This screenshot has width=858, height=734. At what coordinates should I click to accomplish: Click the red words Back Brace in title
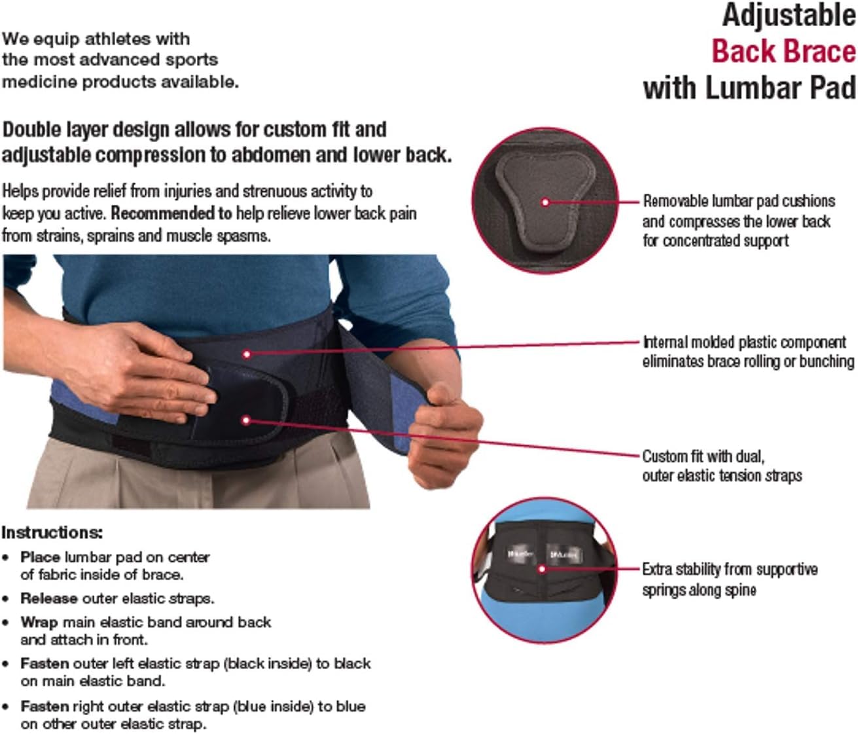click(x=783, y=52)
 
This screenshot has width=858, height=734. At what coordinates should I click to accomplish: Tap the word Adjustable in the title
click(x=789, y=15)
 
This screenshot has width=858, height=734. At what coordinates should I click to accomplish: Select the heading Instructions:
click(x=52, y=532)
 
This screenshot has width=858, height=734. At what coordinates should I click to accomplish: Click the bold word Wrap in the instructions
click(x=39, y=622)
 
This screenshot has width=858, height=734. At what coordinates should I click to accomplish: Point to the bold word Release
click(x=49, y=598)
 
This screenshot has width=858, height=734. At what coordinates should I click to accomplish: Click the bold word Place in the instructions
click(x=40, y=557)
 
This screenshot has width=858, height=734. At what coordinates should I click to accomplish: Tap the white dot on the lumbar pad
click(x=545, y=202)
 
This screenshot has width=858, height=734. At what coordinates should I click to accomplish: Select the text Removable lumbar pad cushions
click(x=738, y=201)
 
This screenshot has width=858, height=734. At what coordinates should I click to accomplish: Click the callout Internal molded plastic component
click(x=744, y=342)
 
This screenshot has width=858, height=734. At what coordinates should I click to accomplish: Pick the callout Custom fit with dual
click(x=702, y=456)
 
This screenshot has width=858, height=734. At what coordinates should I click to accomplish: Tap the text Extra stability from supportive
click(x=729, y=569)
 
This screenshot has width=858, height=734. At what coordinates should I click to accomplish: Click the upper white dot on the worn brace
click(x=247, y=354)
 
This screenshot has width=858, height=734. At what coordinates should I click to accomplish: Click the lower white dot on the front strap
click(x=246, y=420)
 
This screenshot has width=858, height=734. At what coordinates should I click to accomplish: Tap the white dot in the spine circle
click(x=541, y=569)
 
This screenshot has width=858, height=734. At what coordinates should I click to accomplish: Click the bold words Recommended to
click(x=171, y=213)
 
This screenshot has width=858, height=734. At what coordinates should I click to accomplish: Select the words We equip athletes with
click(x=96, y=39)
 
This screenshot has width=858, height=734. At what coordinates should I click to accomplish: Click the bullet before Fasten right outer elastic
click(x=5, y=707)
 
